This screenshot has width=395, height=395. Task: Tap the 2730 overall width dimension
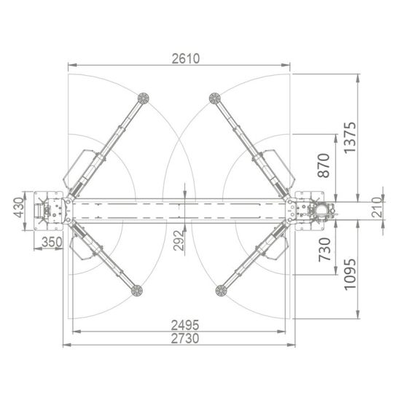(x=184, y=339)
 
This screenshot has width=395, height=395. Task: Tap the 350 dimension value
(x=51, y=242)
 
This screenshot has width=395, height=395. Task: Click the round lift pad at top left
(x=144, y=98)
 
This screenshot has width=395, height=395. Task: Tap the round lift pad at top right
(x=215, y=98)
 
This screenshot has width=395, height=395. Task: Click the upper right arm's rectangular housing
(x=279, y=165)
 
